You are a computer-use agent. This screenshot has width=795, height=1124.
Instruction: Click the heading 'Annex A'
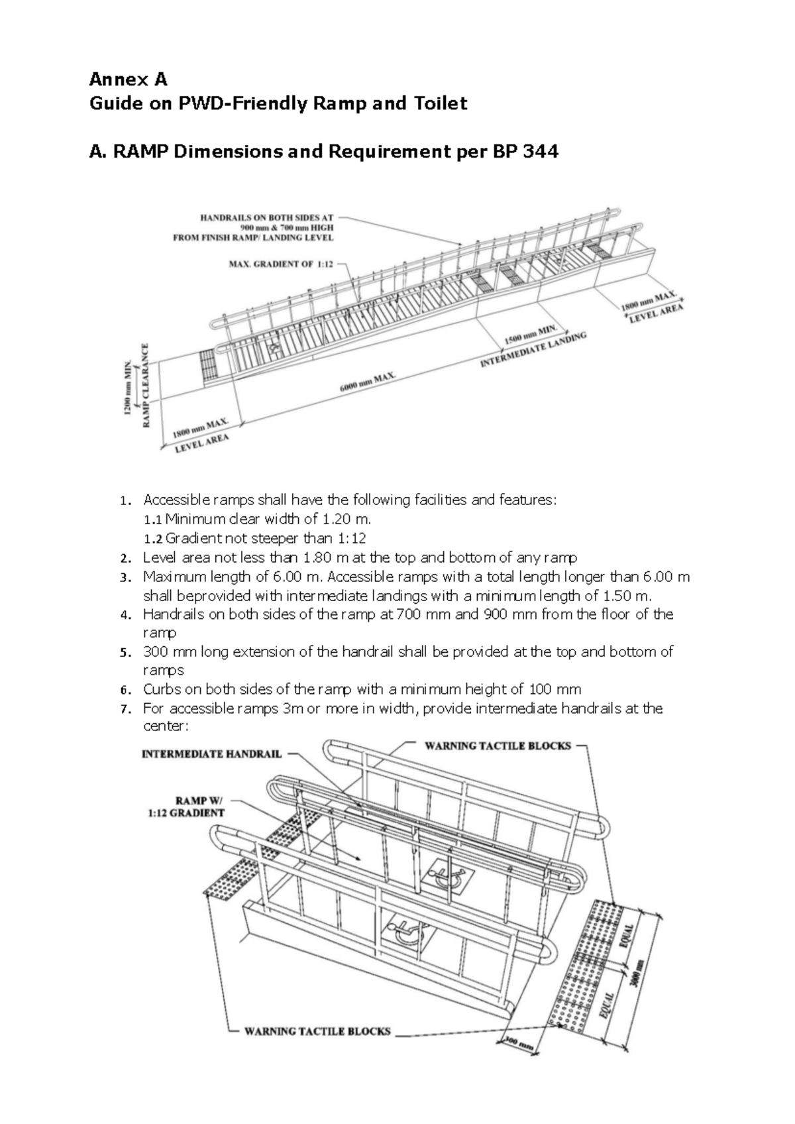click(129, 80)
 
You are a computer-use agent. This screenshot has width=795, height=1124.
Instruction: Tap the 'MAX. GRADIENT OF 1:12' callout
click(281, 264)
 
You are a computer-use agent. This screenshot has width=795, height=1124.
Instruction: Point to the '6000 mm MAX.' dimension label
click(368, 383)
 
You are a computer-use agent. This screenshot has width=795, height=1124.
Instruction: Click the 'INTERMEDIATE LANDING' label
click(533, 351)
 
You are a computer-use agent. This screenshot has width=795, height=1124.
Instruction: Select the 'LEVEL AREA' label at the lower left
click(202, 443)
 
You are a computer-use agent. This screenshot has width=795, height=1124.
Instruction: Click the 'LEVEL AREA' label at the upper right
click(655, 312)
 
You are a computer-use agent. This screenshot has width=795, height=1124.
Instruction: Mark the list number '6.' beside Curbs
click(127, 690)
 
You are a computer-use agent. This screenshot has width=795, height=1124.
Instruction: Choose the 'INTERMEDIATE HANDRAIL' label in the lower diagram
click(212, 754)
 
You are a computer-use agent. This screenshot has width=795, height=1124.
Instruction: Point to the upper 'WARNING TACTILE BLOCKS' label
click(498, 746)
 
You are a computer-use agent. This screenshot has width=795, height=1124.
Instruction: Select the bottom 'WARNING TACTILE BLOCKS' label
click(317, 1050)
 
